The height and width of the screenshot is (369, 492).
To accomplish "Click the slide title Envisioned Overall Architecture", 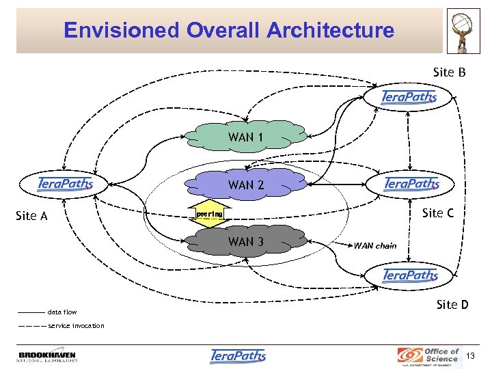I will [x=228, y=31].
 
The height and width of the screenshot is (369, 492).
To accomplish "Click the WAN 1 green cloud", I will [x=247, y=137].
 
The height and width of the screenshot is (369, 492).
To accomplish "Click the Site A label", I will [x=31, y=216].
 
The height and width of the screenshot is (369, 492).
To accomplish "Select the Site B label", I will [x=449, y=72].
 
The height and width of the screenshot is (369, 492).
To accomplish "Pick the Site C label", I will [x=438, y=213].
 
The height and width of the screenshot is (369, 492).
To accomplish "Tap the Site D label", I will [x=452, y=304].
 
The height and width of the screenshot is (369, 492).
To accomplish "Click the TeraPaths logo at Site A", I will [x=65, y=183].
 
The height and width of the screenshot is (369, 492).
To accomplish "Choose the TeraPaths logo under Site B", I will [x=409, y=98].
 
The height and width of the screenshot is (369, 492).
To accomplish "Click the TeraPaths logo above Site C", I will [x=411, y=183].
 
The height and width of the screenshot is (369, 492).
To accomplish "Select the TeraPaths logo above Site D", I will [x=409, y=275].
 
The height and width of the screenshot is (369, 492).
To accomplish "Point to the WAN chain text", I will [x=374, y=245].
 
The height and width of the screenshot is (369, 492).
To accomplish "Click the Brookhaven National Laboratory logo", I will [x=47, y=356].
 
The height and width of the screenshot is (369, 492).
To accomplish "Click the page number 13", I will [x=469, y=355].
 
